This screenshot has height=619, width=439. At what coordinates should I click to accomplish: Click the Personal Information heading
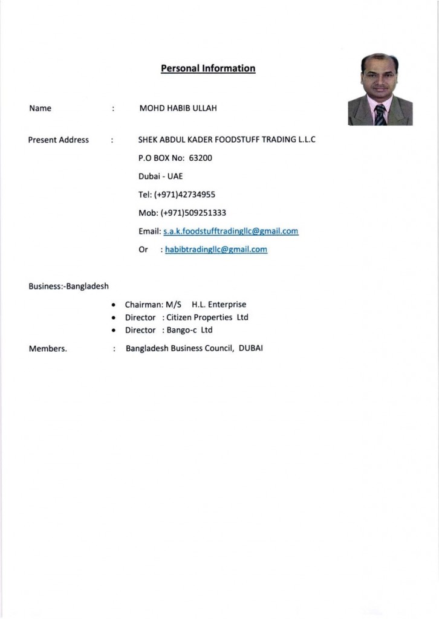click(208, 68)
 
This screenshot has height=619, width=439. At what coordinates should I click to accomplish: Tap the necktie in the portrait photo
click(380, 114)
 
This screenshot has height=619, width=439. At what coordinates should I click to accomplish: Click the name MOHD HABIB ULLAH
click(178, 108)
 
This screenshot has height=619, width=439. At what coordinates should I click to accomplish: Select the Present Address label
click(59, 140)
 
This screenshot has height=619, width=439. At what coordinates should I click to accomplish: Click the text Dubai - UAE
click(160, 177)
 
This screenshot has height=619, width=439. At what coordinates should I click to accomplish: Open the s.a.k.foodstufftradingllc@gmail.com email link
click(231, 231)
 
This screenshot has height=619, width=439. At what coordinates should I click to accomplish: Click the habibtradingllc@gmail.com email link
click(216, 249)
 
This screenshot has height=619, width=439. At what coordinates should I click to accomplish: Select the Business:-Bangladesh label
click(68, 286)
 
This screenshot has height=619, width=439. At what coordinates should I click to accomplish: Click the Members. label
click(48, 349)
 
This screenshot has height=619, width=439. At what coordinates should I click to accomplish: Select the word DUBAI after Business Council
click(251, 348)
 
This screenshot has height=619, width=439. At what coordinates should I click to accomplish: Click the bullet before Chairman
click(114, 305)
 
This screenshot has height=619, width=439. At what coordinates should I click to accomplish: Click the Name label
click(40, 108)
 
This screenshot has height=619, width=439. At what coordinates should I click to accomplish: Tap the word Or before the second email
click(143, 249)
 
